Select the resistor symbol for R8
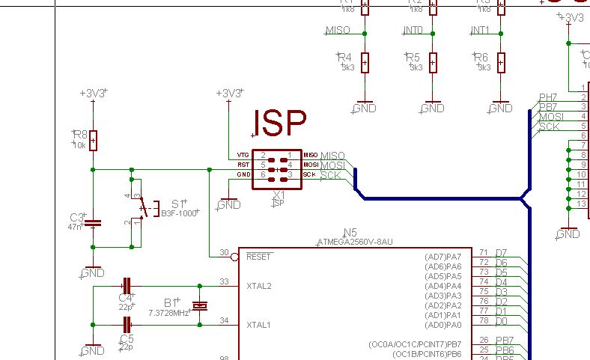pos(93,140)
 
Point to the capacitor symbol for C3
pos(93,222)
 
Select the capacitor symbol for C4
pos(127,285)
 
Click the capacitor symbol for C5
pos(127,324)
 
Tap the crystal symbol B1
pos(200,305)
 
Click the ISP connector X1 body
pos(278,164)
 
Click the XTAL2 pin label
pos(259,286)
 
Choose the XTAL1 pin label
pos(259,325)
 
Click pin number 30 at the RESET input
pos(223,252)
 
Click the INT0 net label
pos(413,30)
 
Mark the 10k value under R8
pos(79,145)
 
